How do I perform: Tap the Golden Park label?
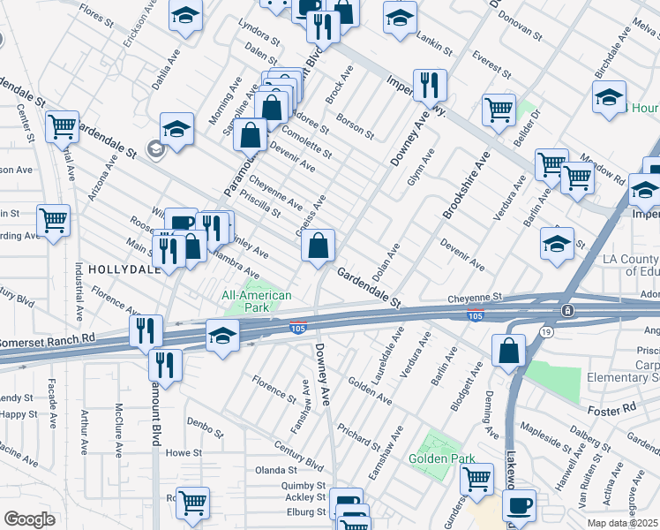click(441, 458)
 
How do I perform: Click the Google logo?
click(29, 519)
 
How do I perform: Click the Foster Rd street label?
click(611, 409)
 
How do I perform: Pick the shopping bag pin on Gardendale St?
click(319, 246)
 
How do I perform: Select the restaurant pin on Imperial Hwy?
click(430, 86)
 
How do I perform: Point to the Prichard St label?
click(358, 432)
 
